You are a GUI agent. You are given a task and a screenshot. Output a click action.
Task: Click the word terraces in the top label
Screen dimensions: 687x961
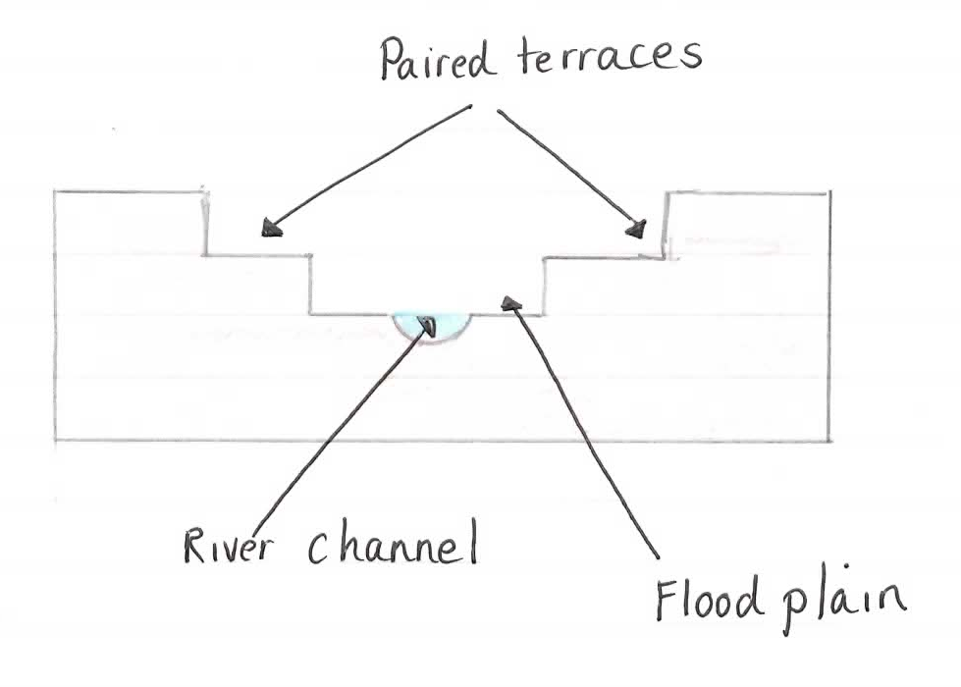click(x=605, y=57)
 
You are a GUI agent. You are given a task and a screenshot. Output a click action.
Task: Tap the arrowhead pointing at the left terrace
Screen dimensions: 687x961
click(x=270, y=229)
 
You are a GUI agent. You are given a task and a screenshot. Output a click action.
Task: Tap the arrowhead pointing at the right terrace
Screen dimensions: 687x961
click(x=637, y=229)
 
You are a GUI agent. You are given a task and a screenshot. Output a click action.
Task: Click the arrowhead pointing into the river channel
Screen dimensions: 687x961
click(x=427, y=325)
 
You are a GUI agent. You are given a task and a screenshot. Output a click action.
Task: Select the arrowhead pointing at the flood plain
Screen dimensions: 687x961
click(x=510, y=303)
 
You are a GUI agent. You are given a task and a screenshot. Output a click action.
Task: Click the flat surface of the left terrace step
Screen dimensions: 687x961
click(x=257, y=255)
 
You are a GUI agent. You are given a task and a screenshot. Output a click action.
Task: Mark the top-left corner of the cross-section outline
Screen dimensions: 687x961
click(x=54, y=191)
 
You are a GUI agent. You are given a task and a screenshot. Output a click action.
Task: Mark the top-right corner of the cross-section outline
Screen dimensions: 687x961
click(x=828, y=192)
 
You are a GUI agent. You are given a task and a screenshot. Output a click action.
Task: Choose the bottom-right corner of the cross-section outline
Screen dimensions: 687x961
click(x=829, y=440)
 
